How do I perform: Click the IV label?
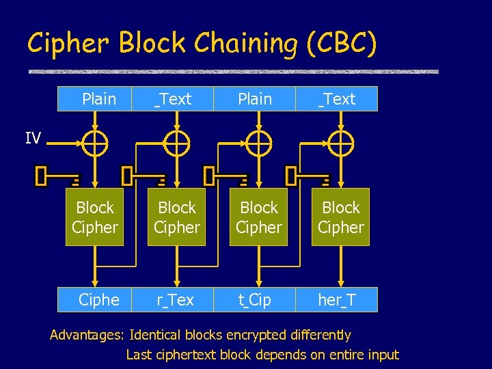click(x=33, y=139)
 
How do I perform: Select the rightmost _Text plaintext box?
click(x=337, y=99)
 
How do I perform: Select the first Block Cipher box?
click(x=95, y=217)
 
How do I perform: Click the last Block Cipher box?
click(x=341, y=217)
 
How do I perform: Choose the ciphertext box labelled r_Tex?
click(x=176, y=300)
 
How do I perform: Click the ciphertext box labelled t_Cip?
click(x=255, y=300)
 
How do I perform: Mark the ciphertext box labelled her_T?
click(x=337, y=300)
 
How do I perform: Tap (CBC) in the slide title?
click(x=341, y=44)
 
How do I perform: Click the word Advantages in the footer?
click(x=86, y=335)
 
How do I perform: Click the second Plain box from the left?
click(x=255, y=99)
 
